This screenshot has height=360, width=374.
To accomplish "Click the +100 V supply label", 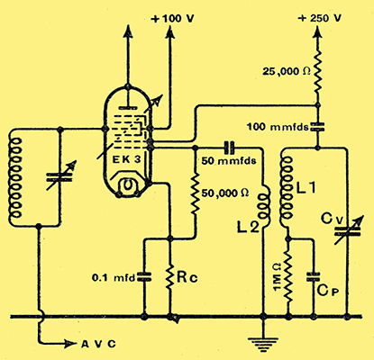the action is pyautogui.click(x=172, y=19).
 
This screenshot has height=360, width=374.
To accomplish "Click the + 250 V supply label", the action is pyautogui.click(x=320, y=18).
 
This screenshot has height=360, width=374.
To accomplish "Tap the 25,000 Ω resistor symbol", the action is pyautogui.click(x=317, y=71).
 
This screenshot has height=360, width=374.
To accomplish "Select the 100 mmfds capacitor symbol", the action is pyautogui.click(x=317, y=127).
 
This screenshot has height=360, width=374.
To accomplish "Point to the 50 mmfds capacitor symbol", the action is pyautogui.click(x=230, y=148).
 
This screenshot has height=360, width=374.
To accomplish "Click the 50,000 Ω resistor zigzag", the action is pyautogui.click(x=196, y=193).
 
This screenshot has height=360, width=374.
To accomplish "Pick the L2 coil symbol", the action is pyautogui.click(x=264, y=206).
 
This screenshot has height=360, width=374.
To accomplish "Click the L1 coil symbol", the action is pyautogui.click(x=286, y=192).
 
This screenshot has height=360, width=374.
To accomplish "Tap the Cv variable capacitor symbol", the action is pyautogui.click(x=347, y=230).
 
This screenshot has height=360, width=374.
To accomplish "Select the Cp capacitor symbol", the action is pyautogui.click(x=313, y=277).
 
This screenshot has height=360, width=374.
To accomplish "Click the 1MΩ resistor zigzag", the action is pyautogui.click(x=288, y=277).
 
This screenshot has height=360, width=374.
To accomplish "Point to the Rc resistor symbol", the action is pyautogui.click(x=170, y=277).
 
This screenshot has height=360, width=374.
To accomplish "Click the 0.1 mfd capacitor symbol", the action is pyautogui.click(x=144, y=277).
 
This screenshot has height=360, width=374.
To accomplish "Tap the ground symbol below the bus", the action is pyautogui.click(x=263, y=344).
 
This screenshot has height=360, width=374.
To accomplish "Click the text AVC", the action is pyautogui.click(x=98, y=344).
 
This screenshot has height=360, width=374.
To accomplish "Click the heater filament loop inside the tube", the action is pyautogui.click(x=128, y=185).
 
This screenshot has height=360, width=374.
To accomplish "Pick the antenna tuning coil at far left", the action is pyautogui.click(x=15, y=178).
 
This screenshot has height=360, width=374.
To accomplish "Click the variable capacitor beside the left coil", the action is pyautogui.click(x=60, y=176).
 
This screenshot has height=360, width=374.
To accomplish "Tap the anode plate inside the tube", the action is pyautogui.click(x=128, y=107).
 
